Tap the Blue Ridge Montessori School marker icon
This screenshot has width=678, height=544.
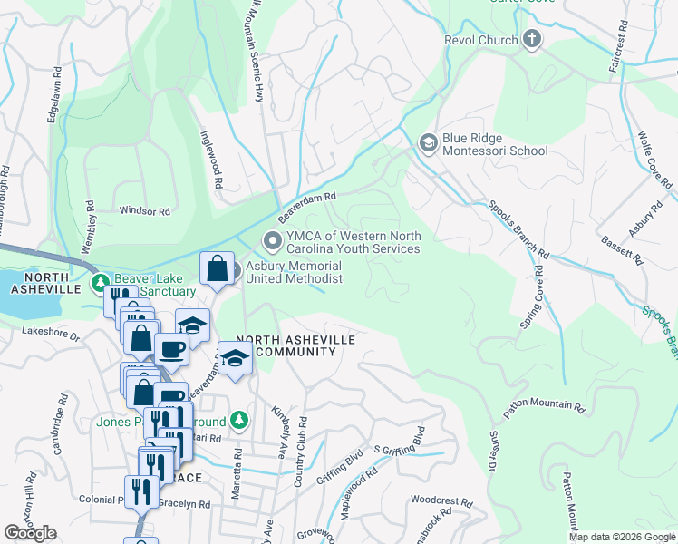427,142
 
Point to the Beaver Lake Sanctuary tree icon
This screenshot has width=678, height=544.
100,285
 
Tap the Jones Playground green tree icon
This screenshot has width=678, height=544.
238,420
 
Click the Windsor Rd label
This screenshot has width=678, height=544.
145,211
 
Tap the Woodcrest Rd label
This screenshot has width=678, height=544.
441,500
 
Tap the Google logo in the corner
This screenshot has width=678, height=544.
31,533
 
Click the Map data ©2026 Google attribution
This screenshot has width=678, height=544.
622,537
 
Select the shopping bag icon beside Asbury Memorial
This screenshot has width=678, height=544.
217,269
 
